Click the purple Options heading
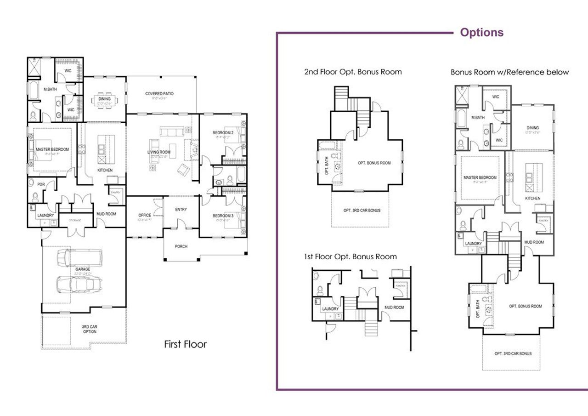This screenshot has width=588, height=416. (481, 33)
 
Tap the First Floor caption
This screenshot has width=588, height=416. (185, 344)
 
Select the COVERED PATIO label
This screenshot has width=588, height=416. (159, 94)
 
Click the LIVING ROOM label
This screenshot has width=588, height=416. (158, 152)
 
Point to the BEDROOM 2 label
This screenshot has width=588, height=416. (223, 133)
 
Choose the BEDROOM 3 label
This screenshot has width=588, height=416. (223, 216)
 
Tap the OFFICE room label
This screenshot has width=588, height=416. (145, 215)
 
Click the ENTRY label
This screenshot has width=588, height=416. (181, 210)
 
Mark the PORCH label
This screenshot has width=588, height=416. (181, 246)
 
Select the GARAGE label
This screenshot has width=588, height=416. (83, 269)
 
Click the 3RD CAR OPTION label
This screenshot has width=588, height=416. (89, 329)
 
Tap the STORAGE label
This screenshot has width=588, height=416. (75, 220)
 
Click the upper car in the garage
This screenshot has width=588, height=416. (79, 258)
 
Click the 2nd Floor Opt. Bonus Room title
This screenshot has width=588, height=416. (353, 72)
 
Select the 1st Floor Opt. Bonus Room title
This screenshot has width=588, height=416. (350, 256)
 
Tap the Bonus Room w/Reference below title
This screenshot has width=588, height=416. (509, 72)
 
